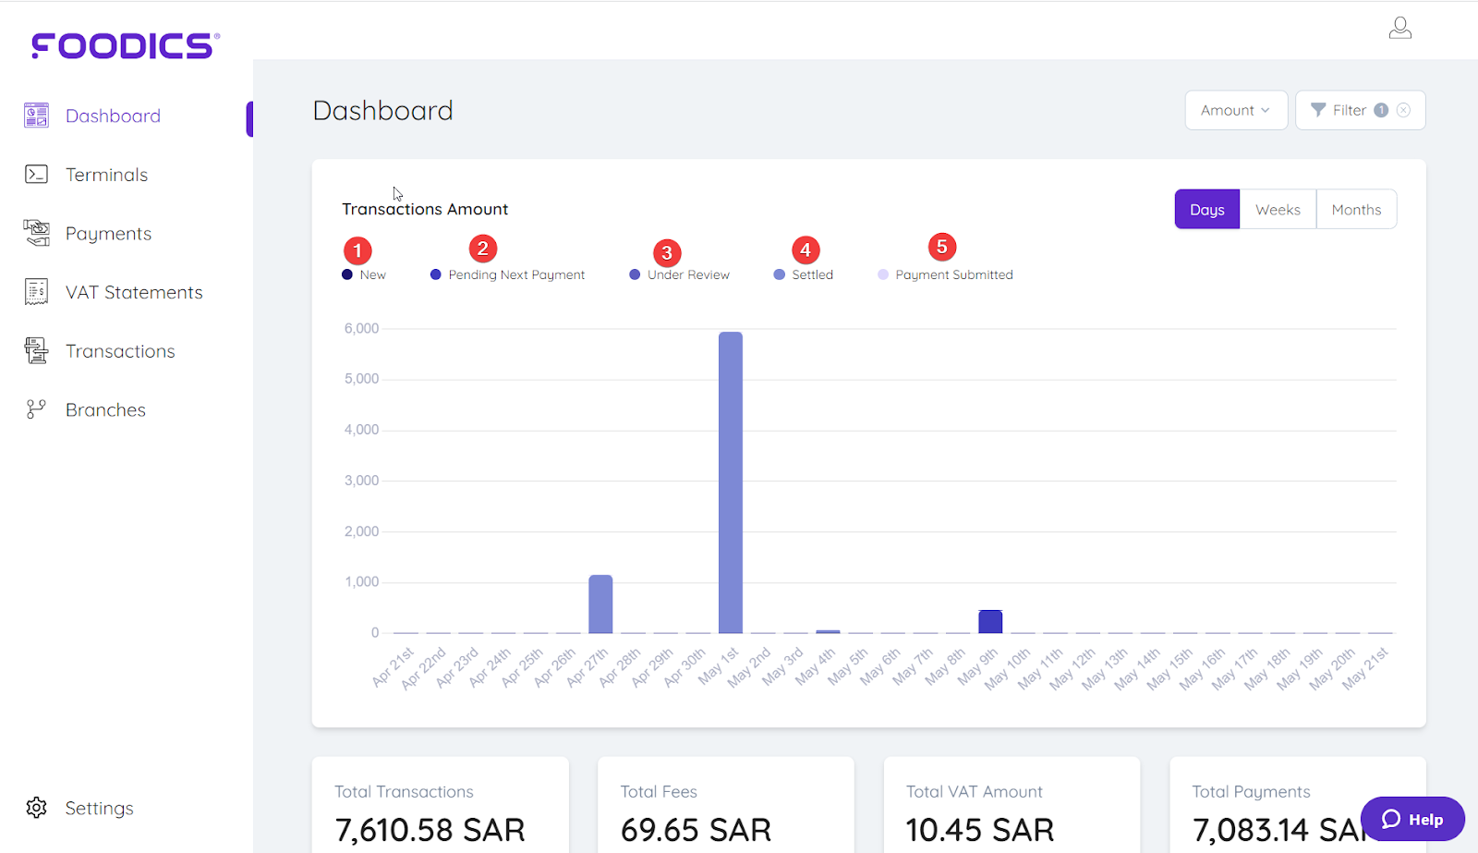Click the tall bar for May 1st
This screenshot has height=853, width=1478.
(730, 481)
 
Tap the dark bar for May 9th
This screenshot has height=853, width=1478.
(990, 621)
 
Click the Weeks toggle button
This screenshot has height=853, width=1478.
(1278, 210)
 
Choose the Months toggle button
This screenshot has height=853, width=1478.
(1356, 210)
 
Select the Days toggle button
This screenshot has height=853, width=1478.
(1206, 210)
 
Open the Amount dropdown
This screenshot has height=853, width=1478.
(1235, 111)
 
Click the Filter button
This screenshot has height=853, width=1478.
(1350, 111)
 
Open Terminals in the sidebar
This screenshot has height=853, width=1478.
(106, 175)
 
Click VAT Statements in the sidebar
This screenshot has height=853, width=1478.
(133, 293)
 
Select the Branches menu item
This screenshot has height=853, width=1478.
(105, 410)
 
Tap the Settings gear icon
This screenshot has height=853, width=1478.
(37, 808)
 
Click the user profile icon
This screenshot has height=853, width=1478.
(1399, 29)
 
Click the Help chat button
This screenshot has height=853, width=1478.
(1412, 819)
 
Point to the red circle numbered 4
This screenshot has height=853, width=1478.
(806, 250)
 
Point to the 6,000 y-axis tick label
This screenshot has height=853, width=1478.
(361, 329)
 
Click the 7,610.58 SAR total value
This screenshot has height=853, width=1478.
(430, 830)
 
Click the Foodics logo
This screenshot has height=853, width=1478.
(126, 45)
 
